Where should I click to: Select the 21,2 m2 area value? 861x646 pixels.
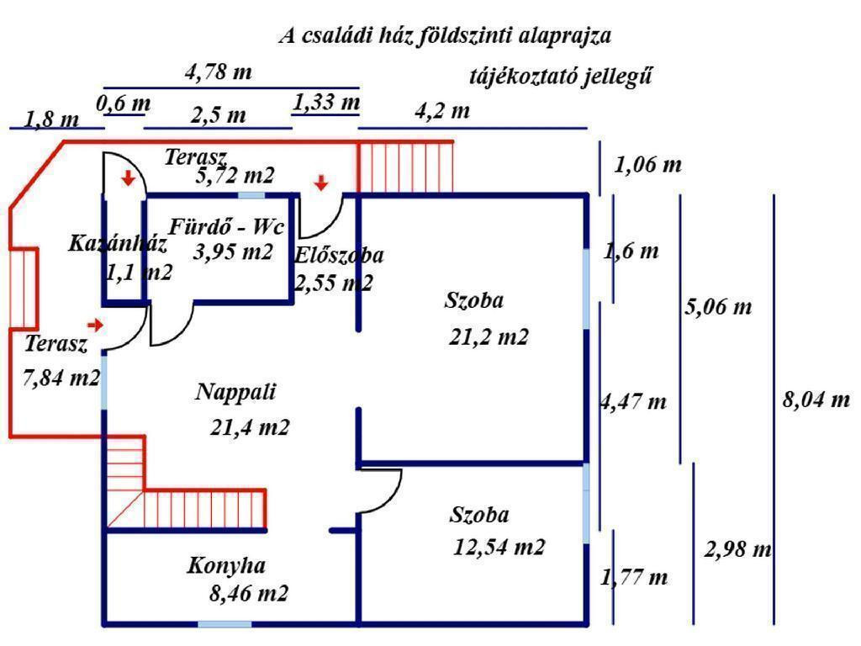point(488,337)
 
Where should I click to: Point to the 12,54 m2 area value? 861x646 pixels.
point(499,548)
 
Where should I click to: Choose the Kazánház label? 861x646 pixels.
point(117,245)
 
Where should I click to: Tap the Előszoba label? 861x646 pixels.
point(340,256)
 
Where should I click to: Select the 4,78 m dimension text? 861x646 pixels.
point(218,72)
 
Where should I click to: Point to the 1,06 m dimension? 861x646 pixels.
point(647,165)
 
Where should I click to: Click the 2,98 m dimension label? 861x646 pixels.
point(738,550)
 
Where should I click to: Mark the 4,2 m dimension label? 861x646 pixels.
point(442,111)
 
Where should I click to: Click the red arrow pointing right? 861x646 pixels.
point(96,325)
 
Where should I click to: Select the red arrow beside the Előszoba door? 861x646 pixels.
point(320,183)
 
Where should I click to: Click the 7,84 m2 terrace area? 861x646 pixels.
point(61,378)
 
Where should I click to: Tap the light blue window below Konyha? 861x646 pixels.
point(224,624)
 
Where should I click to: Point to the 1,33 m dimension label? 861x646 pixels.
point(326,103)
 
